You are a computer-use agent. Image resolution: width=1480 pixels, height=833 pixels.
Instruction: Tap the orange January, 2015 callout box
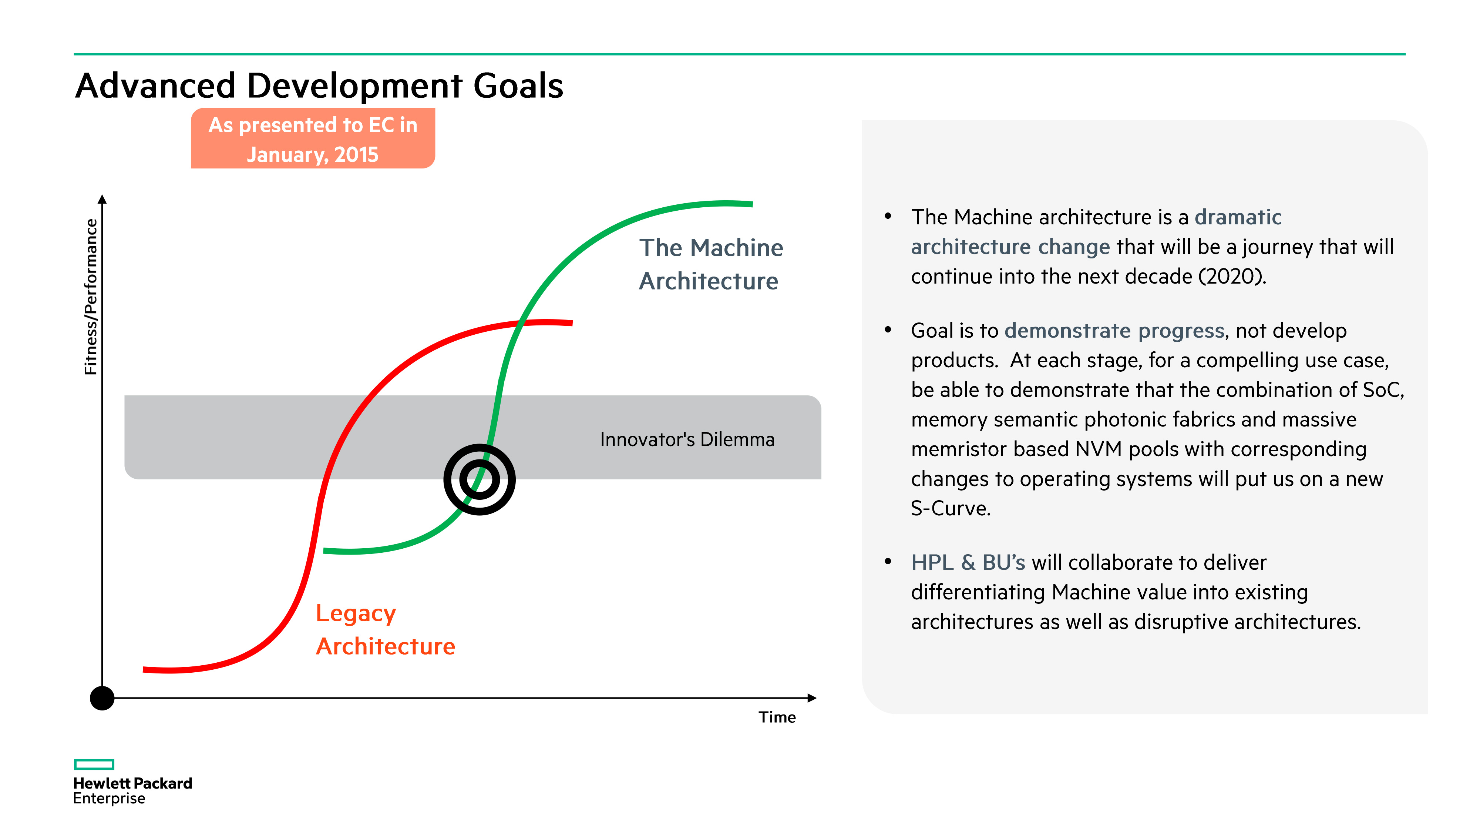coord(313,139)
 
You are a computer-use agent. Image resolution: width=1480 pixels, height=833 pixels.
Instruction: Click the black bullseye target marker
coord(479,479)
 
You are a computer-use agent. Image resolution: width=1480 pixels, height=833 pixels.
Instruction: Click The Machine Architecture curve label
coord(711,264)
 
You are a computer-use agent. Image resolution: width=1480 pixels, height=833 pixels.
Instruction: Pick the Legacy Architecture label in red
coord(385,629)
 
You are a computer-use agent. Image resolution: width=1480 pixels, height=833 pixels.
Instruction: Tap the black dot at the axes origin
coord(102,698)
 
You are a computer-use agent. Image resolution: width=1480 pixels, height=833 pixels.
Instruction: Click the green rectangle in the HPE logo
coord(94,764)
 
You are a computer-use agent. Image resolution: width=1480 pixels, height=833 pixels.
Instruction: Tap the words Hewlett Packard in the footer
coord(133,783)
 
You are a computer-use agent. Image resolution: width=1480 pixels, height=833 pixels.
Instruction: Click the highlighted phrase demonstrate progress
coord(1114,331)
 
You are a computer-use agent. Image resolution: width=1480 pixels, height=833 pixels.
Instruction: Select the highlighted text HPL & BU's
coord(968,562)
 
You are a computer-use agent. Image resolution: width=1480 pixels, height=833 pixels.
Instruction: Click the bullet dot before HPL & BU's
coord(888,562)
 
